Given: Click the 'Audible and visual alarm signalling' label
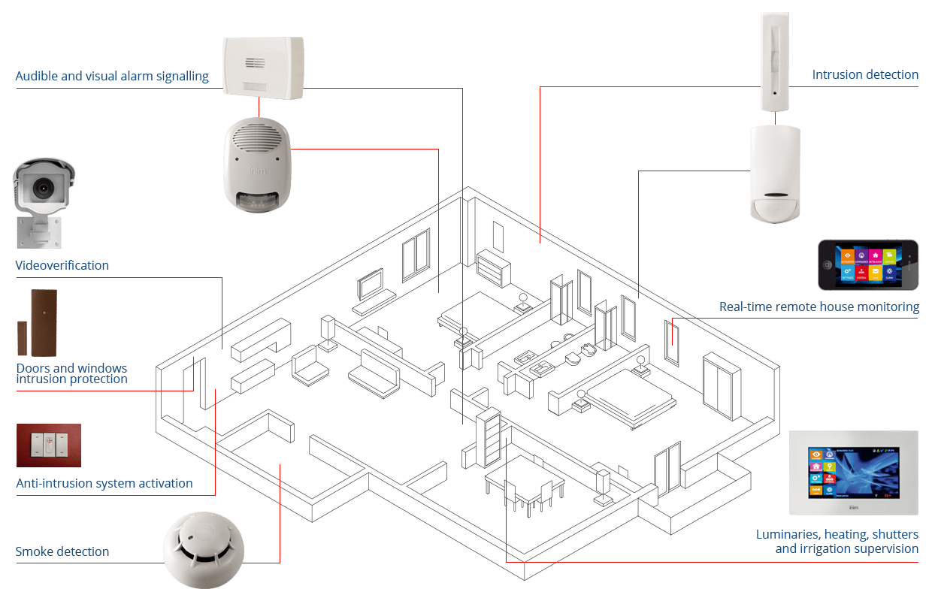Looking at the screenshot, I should (112, 77).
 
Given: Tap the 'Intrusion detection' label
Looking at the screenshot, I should (865, 75).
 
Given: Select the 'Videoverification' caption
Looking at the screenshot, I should (62, 265).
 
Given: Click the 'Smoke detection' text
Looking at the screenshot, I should (62, 551).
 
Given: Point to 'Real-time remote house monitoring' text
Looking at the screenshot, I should (819, 307).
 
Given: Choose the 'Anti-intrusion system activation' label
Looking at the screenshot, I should (104, 483).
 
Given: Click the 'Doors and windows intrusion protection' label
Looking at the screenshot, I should (71, 373).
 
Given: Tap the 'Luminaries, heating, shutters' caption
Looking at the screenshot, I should (837, 534).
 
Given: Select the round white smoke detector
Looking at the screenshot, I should (204, 548).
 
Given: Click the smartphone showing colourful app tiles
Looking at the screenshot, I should (868, 264).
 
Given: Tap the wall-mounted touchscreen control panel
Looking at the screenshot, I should (854, 473).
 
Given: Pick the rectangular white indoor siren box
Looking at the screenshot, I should (263, 68).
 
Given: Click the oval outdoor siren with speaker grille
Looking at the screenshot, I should (257, 164).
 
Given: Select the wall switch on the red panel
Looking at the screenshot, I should (48, 445).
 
